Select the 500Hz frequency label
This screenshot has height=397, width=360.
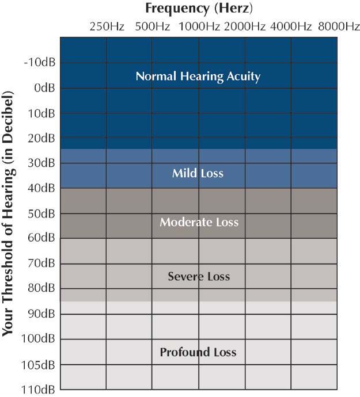pos(152,26)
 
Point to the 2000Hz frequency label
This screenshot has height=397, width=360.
pos(245,26)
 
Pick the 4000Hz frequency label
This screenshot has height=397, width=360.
pos(291,26)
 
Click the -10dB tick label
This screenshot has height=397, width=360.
pos(39,62)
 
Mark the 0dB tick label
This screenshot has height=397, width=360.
pos(44,87)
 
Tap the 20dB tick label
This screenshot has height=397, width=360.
pos(41,138)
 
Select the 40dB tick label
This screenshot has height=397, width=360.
pos(41,188)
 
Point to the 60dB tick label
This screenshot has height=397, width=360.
pos(41,237)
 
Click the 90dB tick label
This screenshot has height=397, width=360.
pos(41,314)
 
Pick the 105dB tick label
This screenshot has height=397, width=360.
pos(39,365)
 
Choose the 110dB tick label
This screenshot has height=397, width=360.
pos(39,390)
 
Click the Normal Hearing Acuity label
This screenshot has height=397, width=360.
pos(198,76)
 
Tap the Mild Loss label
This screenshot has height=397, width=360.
pos(198,173)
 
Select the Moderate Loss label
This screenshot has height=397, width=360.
pos(199,222)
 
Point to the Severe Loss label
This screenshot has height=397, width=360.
pos(199,277)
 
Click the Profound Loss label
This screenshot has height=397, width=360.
pos(198,352)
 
